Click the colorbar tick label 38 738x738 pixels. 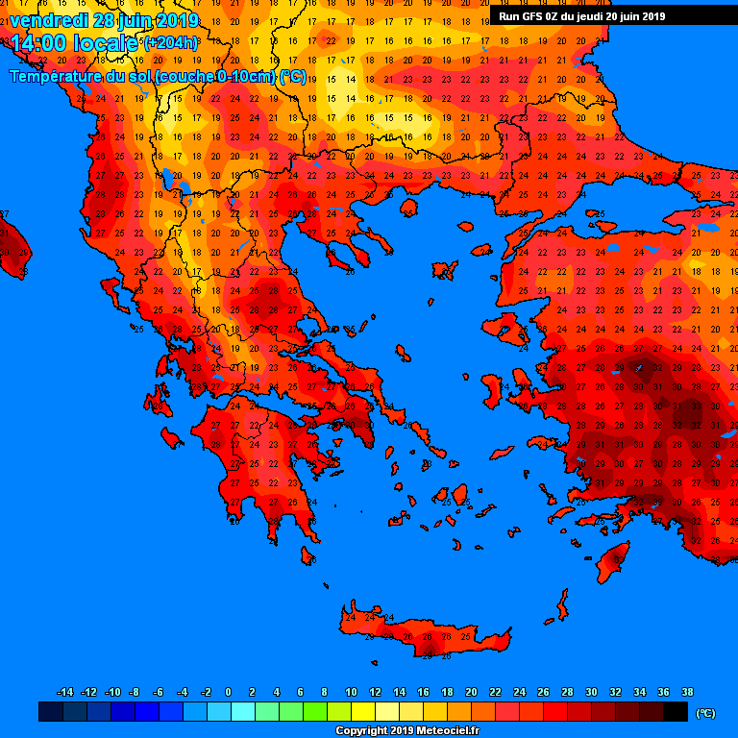coord(687,692)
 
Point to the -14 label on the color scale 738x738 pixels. coord(65,692)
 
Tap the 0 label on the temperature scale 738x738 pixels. coord(228,692)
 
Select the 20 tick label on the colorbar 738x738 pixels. coord(471,692)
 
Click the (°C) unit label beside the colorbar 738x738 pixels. coord(705,713)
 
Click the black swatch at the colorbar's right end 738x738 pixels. coord(675,712)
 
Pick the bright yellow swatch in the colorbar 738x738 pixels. coord(362,712)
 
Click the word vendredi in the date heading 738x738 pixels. coord(48,20)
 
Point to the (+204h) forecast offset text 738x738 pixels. coord(171,43)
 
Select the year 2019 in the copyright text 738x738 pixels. coord(385,731)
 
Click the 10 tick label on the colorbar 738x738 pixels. coord(351,692)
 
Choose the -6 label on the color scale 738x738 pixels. coord(159,692)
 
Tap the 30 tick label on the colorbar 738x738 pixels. coord(591,692)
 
